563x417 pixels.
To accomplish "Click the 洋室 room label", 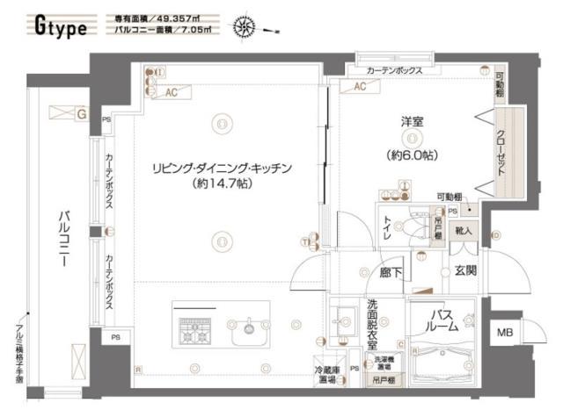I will (412, 122).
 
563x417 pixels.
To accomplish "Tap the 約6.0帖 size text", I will (412, 155).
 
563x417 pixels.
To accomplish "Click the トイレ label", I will (387, 230).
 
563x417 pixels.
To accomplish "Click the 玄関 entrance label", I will (465, 271).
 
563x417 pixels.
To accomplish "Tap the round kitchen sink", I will (249, 331).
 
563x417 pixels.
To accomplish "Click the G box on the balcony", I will (80, 113).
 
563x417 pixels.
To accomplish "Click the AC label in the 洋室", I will (359, 87).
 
